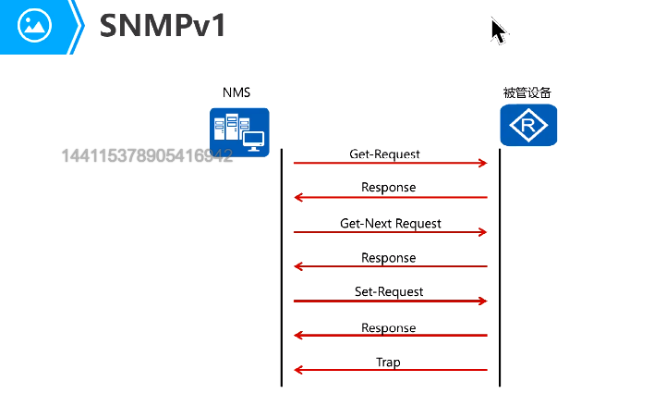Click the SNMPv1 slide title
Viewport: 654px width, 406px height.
pyautogui.click(x=163, y=26)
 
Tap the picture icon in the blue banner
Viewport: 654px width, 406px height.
pyautogui.click(x=34, y=25)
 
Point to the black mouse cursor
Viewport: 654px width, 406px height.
pyautogui.click(x=498, y=31)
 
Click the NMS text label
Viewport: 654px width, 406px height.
pyautogui.click(x=236, y=92)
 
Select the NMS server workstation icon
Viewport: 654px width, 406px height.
pyautogui.click(x=239, y=132)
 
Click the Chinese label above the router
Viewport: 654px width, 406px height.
pyautogui.click(x=527, y=92)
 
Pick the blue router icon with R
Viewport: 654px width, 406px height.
pyautogui.click(x=528, y=125)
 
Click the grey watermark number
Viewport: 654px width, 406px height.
pyautogui.click(x=147, y=155)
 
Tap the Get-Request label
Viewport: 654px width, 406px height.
pyautogui.click(x=384, y=154)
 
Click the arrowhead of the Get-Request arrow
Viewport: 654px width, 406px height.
pyautogui.click(x=484, y=163)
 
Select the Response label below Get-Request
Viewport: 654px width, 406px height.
pyautogui.click(x=388, y=187)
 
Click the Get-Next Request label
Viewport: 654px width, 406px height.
pyautogui.click(x=391, y=224)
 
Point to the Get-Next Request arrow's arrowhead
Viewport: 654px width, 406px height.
pyautogui.click(x=484, y=232)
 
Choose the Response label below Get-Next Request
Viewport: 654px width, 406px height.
pyautogui.click(x=388, y=258)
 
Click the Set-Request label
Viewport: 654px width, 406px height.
pyautogui.click(x=389, y=291)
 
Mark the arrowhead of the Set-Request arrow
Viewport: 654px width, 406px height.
pyautogui.click(x=484, y=301)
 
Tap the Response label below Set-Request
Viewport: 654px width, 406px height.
pyautogui.click(x=388, y=328)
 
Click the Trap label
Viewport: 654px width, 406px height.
pyautogui.click(x=388, y=363)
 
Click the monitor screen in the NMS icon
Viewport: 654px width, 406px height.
pyautogui.click(x=254, y=139)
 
